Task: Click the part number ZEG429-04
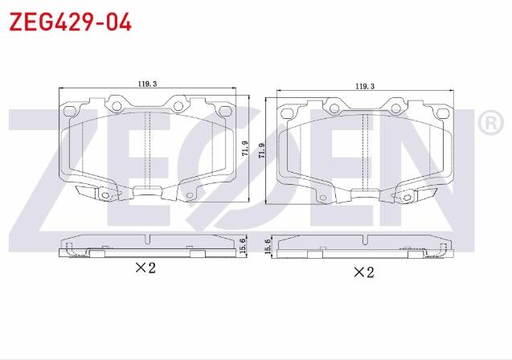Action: click(70, 22)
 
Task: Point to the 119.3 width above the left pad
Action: click(146, 83)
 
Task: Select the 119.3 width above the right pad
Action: click(365, 86)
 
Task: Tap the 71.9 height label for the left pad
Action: click(244, 149)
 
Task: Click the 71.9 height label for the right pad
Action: click(261, 149)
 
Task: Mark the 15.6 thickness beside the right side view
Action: click(267, 245)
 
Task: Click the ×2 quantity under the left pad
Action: click(145, 268)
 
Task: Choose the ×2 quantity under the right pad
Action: click(363, 272)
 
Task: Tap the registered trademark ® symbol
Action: click(489, 123)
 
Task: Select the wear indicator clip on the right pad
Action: click(412, 195)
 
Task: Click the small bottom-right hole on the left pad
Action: click(190, 195)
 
